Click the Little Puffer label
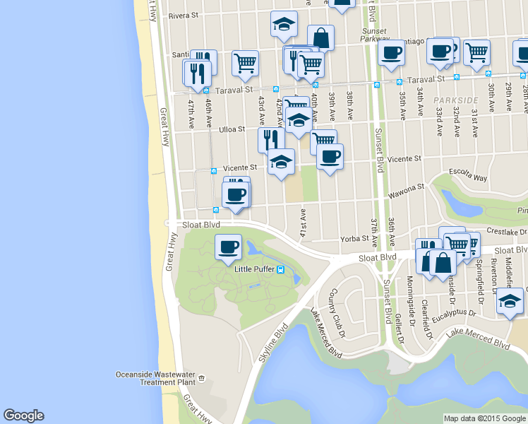[254, 269]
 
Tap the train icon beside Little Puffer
[280, 269]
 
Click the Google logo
[23, 416]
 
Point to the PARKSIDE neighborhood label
[451, 101]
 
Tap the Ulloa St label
[231, 129]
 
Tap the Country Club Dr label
[335, 312]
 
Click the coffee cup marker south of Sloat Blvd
[228, 247]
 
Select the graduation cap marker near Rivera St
[283, 24]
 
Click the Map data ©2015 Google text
[485, 418]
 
